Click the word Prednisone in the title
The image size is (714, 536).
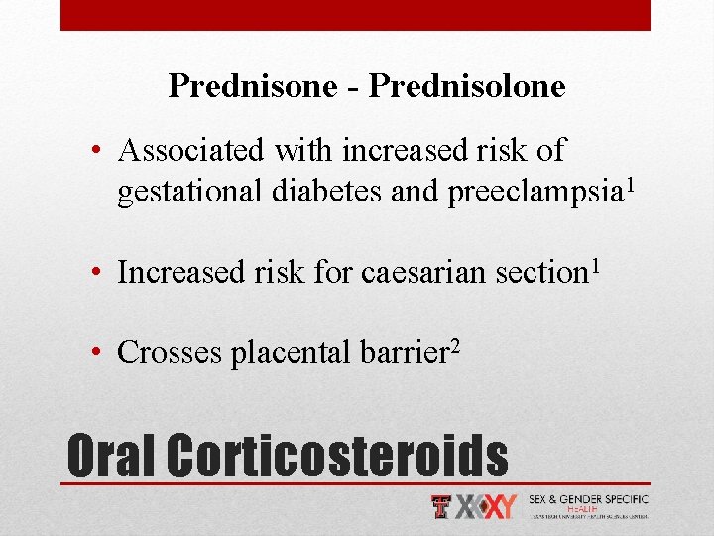click(x=254, y=86)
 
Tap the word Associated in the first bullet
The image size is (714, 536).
click(x=189, y=151)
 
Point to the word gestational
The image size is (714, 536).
click(x=187, y=191)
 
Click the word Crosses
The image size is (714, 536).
click(x=170, y=352)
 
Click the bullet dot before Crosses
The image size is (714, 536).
click(x=102, y=352)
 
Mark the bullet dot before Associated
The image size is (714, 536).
click(x=102, y=152)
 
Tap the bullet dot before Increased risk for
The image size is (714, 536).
click(x=102, y=272)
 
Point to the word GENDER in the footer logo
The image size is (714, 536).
click(x=586, y=500)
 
